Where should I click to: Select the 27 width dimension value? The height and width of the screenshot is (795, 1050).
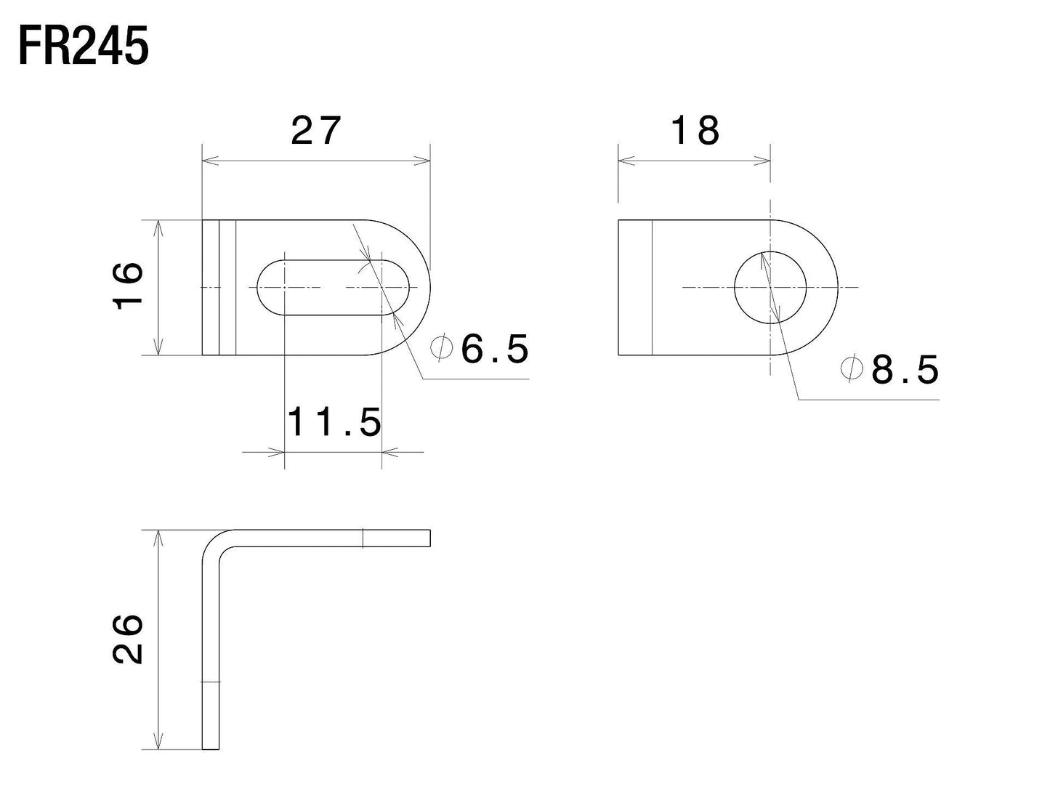[316, 132]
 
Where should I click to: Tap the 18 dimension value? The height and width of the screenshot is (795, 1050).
[695, 132]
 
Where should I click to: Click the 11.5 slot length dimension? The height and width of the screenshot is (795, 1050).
[334, 422]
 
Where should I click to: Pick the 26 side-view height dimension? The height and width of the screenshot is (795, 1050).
[128, 639]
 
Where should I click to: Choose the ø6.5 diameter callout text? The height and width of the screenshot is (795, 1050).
[480, 350]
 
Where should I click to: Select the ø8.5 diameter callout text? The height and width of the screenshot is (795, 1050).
[891, 370]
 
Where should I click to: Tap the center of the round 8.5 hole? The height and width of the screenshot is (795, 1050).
[770, 287]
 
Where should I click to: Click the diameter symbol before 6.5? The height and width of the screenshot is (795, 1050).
[440, 348]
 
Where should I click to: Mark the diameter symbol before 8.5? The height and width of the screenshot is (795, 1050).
[851, 368]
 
